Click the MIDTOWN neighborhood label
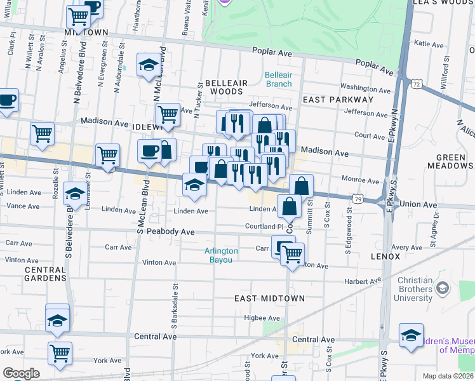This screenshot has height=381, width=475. [86, 32]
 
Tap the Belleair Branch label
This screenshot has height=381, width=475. [278, 79]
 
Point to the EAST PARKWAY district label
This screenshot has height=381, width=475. [338, 100]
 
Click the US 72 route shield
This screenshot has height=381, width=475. [416, 84]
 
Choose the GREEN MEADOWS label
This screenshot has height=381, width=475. [455, 161]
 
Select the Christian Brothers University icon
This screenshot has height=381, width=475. [442, 289]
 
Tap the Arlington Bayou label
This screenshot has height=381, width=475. [221, 255]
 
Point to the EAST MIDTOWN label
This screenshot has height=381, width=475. [270, 298]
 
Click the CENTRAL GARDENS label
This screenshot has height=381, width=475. [45, 274]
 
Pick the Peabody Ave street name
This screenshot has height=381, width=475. [170, 232]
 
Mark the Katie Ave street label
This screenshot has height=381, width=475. [429, 43]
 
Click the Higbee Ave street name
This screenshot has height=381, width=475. [262, 318]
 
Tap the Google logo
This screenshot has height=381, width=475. [20, 373]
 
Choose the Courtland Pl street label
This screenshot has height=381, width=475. [264, 227]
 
